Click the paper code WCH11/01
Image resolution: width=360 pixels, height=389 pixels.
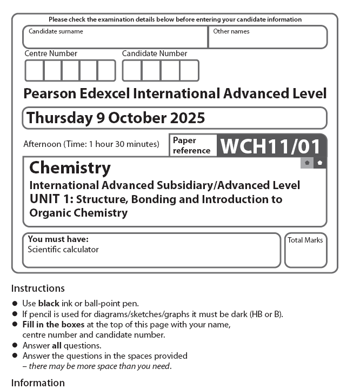click(x=271, y=146)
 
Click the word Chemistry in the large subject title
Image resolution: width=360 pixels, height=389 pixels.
click(x=70, y=167)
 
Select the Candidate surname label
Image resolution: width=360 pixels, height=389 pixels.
click(x=56, y=31)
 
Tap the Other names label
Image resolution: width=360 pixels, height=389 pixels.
click(x=231, y=31)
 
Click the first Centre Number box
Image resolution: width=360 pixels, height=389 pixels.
click(x=34, y=70)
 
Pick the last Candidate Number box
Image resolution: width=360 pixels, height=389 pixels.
click(x=189, y=70)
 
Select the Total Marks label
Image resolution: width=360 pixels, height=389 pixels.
click(x=305, y=240)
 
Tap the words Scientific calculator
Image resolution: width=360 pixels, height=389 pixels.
click(x=63, y=250)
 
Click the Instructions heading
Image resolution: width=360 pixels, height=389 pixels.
click(x=38, y=288)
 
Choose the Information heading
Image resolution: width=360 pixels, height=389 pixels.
click(x=38, y=383)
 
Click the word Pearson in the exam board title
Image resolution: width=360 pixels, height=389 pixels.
click(x=50, y=93)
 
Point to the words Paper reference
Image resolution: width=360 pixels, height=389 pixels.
click(x=191, y=145)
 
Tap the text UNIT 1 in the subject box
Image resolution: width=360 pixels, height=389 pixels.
click(x=51, y=199)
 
